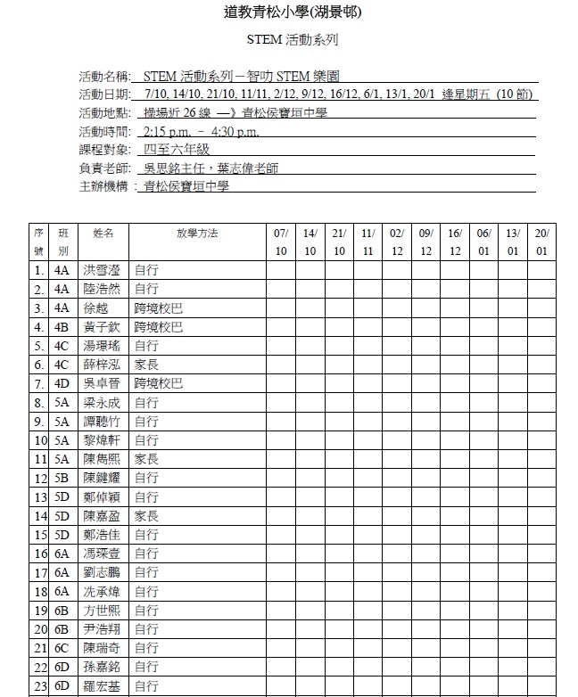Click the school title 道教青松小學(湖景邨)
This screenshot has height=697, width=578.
[293, 12]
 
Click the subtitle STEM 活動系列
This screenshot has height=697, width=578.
[292, 40]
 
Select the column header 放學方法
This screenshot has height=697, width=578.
[197, 233]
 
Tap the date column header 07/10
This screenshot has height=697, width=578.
[281, 242]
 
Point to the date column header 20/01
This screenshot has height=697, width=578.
[541, 242]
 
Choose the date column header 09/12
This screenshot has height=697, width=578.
[425, 242]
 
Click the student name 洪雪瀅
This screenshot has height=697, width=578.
[101, 269]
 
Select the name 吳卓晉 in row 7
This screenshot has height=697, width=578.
[101, 383]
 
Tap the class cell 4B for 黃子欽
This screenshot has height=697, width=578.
[62, 326]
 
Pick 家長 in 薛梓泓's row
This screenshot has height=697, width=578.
[146, 365]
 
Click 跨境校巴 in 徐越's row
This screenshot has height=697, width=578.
[158, 307]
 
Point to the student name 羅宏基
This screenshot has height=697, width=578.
[101, 685]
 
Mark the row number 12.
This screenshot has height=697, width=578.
[39, 478]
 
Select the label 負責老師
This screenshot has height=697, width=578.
[104, 168]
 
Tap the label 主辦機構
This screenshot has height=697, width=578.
[104, 186]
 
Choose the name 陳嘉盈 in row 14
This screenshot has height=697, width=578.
[101, 516]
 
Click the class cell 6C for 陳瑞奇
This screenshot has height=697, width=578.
[62, 648]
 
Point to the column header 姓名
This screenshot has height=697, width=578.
[103, 233]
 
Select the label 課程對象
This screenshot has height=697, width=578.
[104, 150]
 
